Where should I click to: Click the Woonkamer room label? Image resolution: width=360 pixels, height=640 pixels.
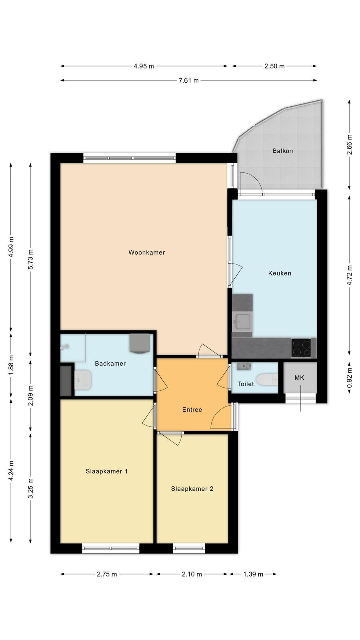pos(146,252)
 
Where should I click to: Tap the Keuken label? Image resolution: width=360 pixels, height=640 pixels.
pos(280,273)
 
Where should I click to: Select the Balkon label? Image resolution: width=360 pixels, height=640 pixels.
pos(282,150)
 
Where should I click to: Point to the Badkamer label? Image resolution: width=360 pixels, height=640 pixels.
pos(110,364)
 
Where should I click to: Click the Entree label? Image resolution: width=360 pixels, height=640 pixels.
pos(192,410)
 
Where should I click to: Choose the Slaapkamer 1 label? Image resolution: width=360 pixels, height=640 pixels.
pos(106,471)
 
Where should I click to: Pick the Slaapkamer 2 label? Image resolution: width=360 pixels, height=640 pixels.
pos(192,488)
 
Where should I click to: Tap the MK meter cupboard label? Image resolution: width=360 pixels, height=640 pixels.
pos(300,378)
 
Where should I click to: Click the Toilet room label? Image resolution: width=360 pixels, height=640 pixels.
pos(246,384)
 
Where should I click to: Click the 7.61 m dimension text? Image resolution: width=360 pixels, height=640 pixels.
pos(188,80)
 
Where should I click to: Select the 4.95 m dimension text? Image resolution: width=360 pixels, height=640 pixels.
pos(144,66)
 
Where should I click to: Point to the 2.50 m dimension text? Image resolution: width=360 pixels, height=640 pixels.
pos(274,66)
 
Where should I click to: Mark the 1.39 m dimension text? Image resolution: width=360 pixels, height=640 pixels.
pos(253,574)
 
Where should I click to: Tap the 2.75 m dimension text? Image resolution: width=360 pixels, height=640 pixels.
pos(106,574)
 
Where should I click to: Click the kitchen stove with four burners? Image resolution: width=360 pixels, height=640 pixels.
pos(301,348)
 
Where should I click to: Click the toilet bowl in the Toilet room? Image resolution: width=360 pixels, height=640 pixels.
pos(266,379)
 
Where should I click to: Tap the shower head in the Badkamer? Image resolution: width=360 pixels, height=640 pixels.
pos(64,347)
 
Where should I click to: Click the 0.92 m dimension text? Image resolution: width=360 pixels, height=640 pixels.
pos(349,378)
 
